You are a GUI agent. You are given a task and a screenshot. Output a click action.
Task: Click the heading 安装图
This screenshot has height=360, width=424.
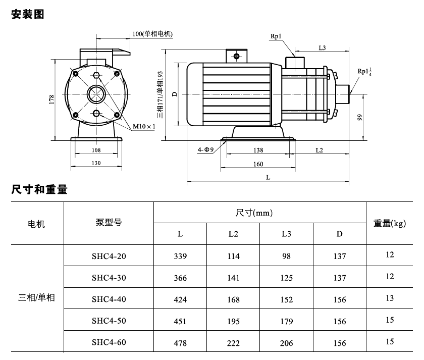[x=28, y=14]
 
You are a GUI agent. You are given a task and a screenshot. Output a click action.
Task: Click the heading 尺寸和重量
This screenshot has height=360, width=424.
[x=39, y=189]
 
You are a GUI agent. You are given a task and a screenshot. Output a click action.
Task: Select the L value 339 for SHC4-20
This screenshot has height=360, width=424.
[x=180, y=256]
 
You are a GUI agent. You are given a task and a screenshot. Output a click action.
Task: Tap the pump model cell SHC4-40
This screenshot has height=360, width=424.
[x=109, y=299]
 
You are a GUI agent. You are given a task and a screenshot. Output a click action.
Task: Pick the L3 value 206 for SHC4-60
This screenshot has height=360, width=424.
[x=286, y=343]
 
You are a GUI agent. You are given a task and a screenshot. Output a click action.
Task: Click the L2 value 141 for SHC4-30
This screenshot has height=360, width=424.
[x=233, y=278]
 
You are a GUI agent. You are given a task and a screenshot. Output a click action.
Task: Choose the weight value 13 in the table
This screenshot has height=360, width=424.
[x=390, y=298]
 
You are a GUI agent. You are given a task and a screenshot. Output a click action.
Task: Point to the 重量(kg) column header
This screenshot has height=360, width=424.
[x=390, y=223]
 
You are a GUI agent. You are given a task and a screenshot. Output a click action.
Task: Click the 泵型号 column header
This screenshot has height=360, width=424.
[x=109, y=223]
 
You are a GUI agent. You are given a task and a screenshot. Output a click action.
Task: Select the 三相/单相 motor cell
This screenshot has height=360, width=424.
[x=36, y=297]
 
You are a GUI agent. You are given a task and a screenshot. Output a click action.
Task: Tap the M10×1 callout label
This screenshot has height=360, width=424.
[x=144, y=126]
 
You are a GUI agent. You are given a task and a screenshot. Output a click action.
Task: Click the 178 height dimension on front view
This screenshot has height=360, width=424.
[x=51, y=99]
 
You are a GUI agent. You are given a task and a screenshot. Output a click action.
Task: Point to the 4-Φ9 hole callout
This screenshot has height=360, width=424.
[x=205, y=149]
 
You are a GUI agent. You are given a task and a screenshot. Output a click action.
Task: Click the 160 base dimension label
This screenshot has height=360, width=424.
[x=258, y=164]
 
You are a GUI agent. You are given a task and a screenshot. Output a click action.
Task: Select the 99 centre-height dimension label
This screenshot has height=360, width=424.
[x=359, y=117]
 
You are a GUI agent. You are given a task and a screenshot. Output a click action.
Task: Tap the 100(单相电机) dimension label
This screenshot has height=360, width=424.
[x=152, y=34]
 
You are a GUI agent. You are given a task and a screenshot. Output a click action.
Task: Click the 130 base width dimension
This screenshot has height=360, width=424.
[x=96, y=163]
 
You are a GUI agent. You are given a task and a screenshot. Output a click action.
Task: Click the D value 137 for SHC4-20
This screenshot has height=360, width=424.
[x=340, y=256]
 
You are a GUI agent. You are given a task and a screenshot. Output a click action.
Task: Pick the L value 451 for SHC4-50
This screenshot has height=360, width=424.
[x=180, y=321]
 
